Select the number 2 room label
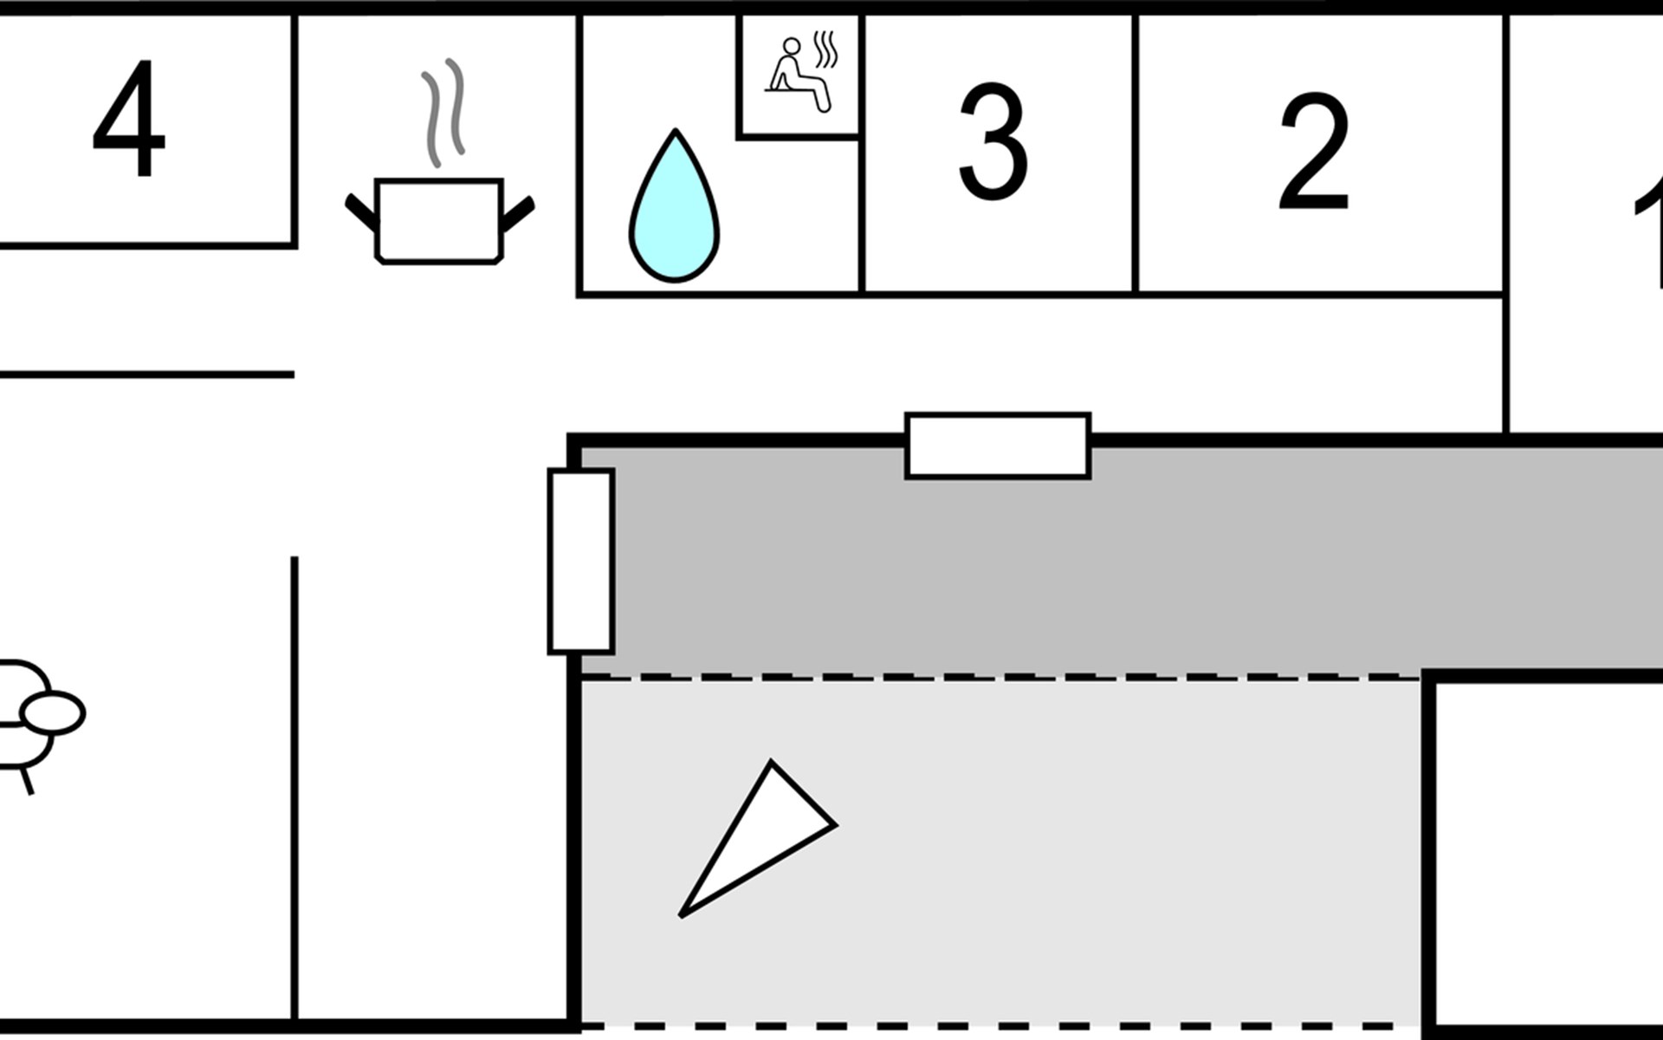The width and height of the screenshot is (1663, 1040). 1314,153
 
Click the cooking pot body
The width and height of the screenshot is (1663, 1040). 438,220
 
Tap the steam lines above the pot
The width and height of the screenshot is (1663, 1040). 443,111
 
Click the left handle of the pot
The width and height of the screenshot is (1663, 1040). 360,212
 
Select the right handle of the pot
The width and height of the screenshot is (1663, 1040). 517,212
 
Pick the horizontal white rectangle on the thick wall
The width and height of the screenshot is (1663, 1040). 997,445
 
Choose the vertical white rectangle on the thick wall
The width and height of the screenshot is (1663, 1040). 580,561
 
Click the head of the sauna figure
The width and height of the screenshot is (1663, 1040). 791,46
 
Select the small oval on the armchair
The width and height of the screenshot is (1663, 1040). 53,713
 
